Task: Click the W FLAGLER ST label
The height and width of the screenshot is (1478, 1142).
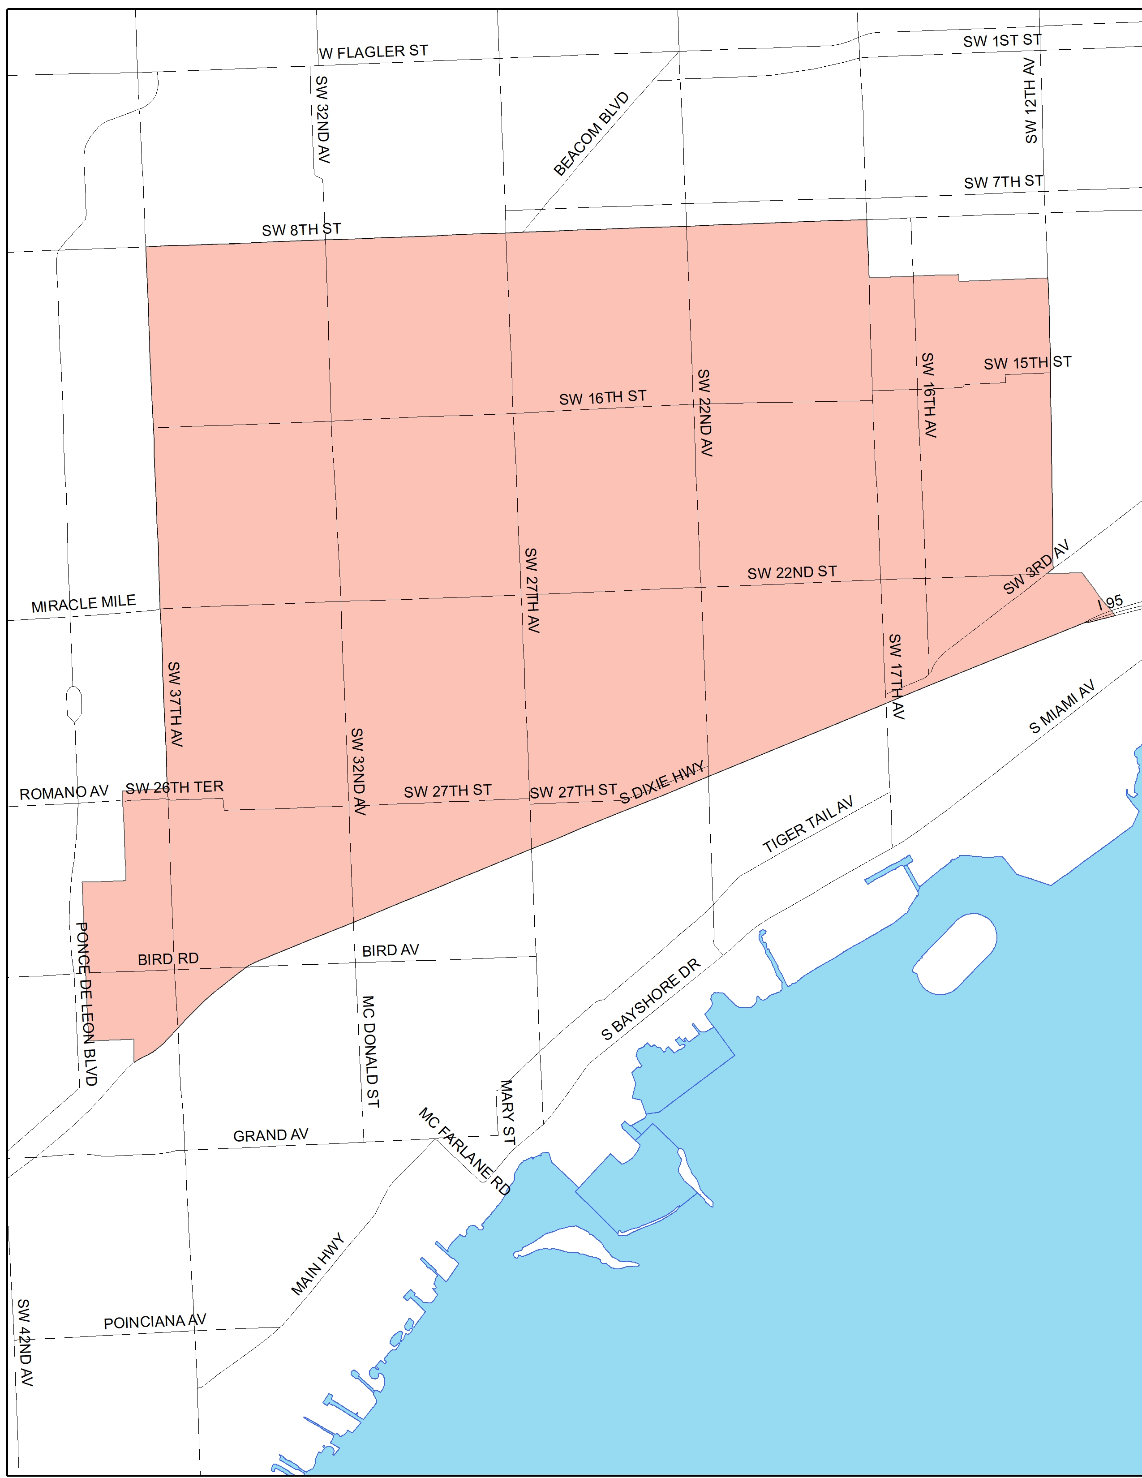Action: pyautogui.click(x=374, y=52)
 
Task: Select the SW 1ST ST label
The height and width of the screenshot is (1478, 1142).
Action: pyautogui.click(x=1002, y=41)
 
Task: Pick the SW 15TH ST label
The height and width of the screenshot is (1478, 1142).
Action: pyautogui.click(x=1027, y=363)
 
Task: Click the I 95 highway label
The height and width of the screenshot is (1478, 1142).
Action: pyautogui.click(x=1110, y=602)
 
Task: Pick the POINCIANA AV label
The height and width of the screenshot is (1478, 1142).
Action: pyautogui.click(x=155, y=1322)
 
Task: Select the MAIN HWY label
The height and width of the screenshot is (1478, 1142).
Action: pyautogui.click(x=318, y=1265)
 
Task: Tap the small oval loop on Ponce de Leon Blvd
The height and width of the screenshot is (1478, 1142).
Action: pyautogui.click(x=74, y=704)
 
